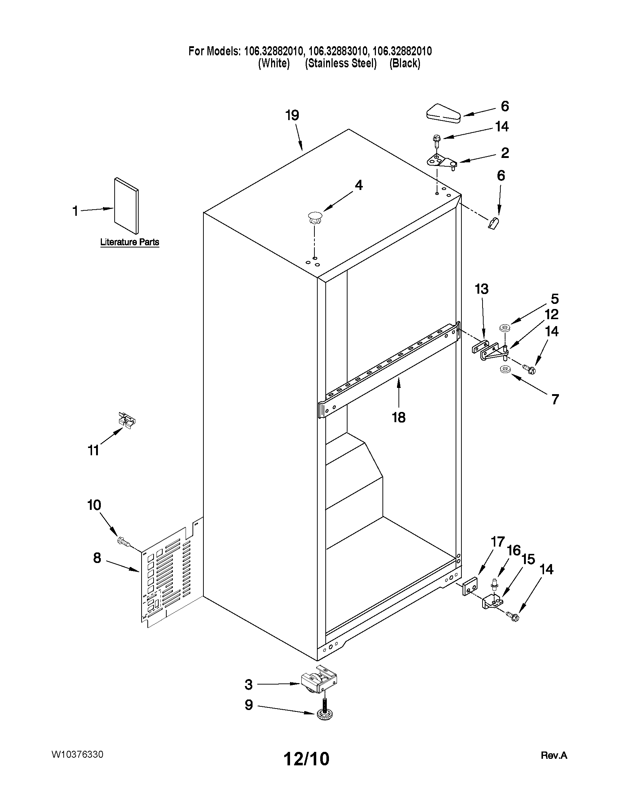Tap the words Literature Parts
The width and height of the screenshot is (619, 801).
point(130,242)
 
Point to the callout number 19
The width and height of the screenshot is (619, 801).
point(292,115)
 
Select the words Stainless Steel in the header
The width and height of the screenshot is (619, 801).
point(341,63)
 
